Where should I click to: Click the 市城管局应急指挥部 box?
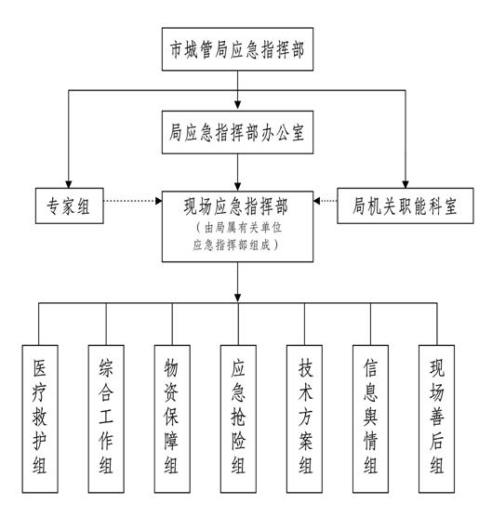237,49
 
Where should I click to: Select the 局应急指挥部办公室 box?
237,132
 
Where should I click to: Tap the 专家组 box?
69,205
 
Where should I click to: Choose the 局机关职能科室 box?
406,205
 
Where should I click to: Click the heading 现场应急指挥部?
236,206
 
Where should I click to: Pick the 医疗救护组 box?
40,418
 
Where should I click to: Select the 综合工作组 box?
106,418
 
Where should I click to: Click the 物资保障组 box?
172,418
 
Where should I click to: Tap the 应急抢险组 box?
238,418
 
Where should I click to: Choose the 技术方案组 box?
304,418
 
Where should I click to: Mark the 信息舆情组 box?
370,418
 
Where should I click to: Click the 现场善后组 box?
436,418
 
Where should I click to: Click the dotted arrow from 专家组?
133,201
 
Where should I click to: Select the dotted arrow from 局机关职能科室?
326,201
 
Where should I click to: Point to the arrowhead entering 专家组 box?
69,184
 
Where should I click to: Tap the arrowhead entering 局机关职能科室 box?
406,184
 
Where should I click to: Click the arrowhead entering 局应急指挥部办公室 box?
237,105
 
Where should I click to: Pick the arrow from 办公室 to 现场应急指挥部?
237,172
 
